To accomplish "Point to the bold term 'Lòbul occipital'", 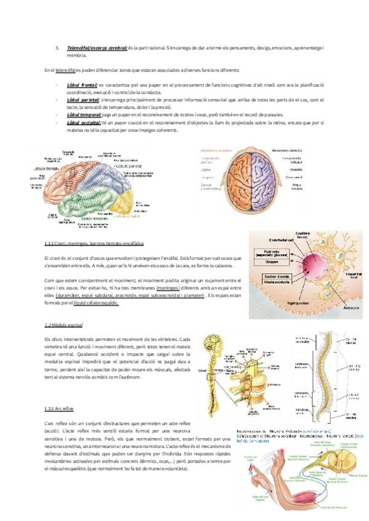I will [84, 123].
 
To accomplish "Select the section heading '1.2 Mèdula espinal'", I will [64, 324].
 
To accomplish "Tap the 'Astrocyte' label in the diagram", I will [352, 307].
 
